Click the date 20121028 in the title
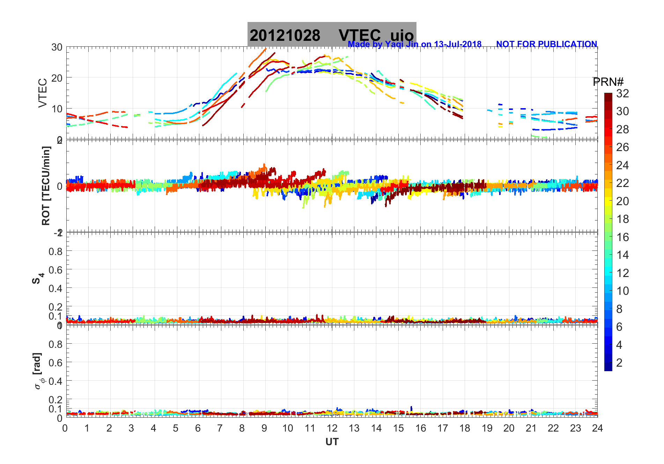285,35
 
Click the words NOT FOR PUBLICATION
546,44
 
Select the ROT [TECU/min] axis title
46,186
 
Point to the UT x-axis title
332,442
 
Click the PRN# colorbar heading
608,82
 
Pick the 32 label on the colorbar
622,93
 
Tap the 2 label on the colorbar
619,363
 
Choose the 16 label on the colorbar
622,237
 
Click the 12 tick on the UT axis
332,428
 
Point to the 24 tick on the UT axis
597,428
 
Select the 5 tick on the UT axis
176,428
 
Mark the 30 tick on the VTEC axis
57,47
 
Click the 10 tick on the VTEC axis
57,109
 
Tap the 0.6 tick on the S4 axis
55,270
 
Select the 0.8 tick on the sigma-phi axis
55,344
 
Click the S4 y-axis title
38,278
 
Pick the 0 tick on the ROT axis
60,186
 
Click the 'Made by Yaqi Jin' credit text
414,44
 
